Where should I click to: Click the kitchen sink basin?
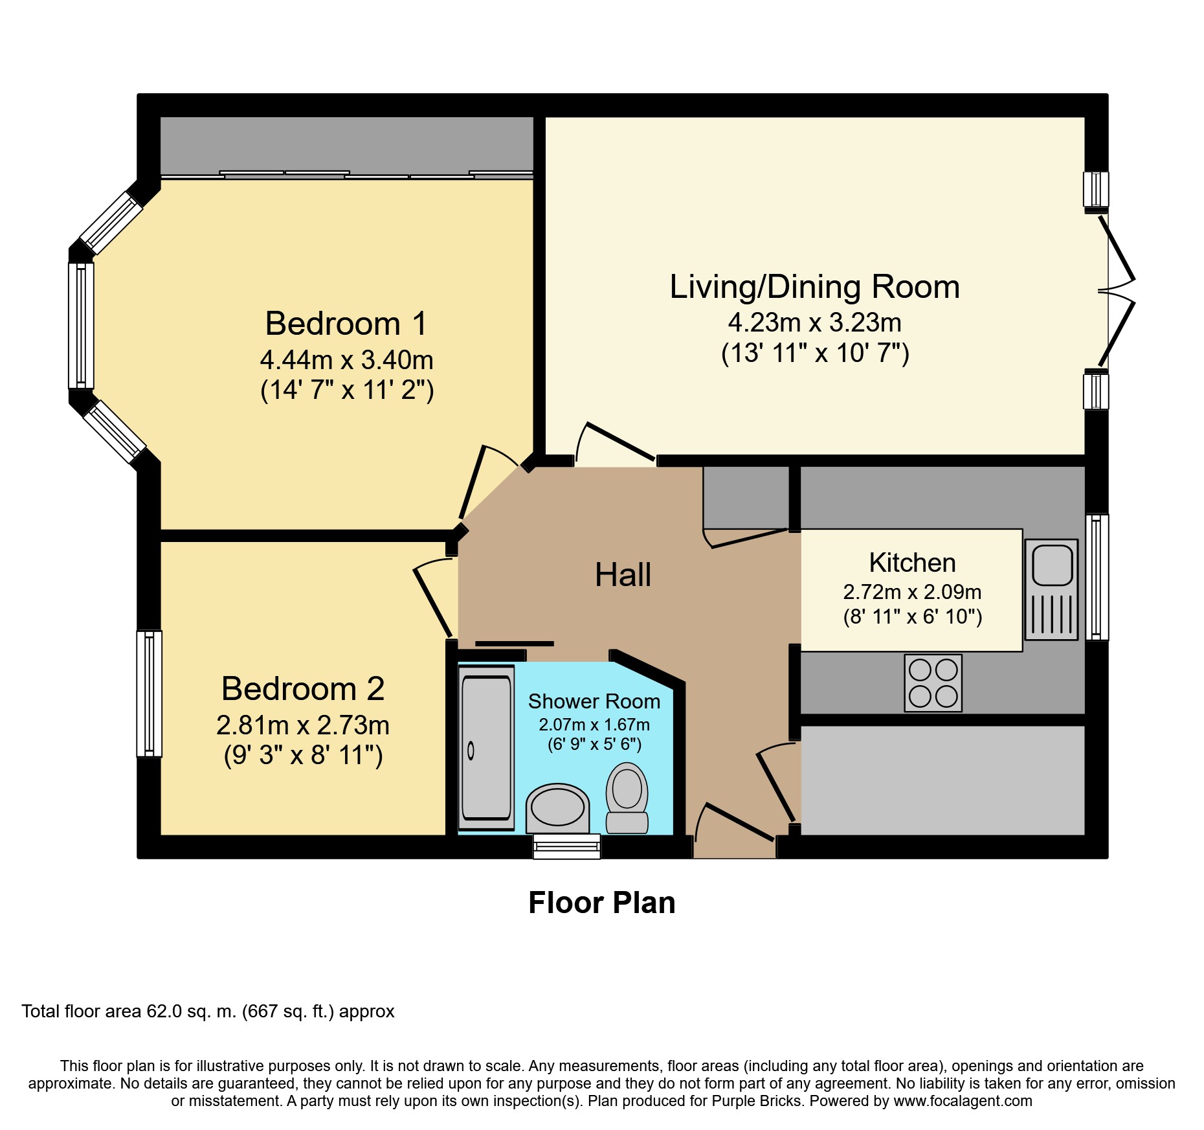coord(1052,565)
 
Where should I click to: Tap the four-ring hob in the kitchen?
coord(933,683)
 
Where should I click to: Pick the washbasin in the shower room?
coord(557,808)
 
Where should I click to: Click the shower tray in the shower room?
coord(486,748)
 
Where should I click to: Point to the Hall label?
coord(623,575)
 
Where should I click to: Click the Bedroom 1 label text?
coord(346,323)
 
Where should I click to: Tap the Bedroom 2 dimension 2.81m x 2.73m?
coord(303,725)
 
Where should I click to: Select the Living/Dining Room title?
coord(814,287)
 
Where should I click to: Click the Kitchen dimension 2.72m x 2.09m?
coord(912,592)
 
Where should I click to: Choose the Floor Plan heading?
coord(602,903)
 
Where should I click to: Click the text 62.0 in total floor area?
coord(164,1011)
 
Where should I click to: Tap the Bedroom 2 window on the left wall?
coord(149,694)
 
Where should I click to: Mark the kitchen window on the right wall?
coord(1097,577)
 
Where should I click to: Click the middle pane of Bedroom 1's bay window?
coord(81,325)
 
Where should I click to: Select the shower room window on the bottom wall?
coord(566,846)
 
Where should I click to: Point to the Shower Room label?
coord(594,701)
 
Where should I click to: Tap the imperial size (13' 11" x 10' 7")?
coord(815,354)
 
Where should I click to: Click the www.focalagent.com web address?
coord(963,1101)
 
